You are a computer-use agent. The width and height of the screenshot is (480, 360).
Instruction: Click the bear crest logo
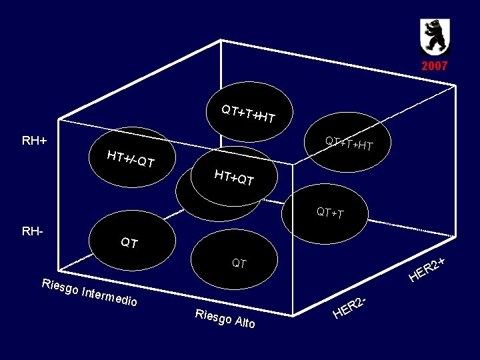[434, 37]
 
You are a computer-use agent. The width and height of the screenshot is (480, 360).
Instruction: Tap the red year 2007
[434, 66]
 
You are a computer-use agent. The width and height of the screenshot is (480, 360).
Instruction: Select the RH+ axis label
[34, 141]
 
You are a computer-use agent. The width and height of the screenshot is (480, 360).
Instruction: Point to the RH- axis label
[33, 232]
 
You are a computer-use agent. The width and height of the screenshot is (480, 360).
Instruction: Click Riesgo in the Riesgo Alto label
[209, 316]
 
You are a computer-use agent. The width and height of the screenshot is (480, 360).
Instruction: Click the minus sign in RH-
[41, 232]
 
